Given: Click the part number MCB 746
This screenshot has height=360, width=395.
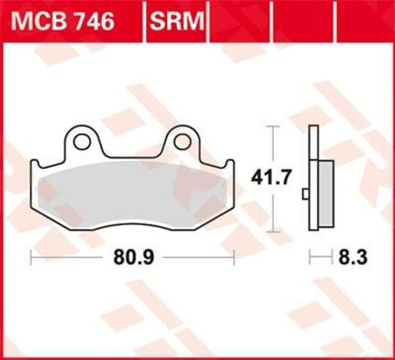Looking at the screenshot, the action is click(63, 22).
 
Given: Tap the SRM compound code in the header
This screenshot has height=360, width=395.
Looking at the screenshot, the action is click(177, 21).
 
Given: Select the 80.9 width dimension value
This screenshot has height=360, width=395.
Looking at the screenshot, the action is click(133, 257).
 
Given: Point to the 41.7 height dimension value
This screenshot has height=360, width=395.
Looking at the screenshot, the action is click(271, 177).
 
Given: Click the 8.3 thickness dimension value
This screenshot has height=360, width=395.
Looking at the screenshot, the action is click(353, 257).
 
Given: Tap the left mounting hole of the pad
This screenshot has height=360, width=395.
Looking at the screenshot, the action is click(82, 141).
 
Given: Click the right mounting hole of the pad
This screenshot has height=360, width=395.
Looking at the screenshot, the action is click(182, 141).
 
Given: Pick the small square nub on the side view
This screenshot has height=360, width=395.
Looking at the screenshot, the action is click(306, 194).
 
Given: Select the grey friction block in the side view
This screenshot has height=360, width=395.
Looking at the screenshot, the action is click(326, 193).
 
